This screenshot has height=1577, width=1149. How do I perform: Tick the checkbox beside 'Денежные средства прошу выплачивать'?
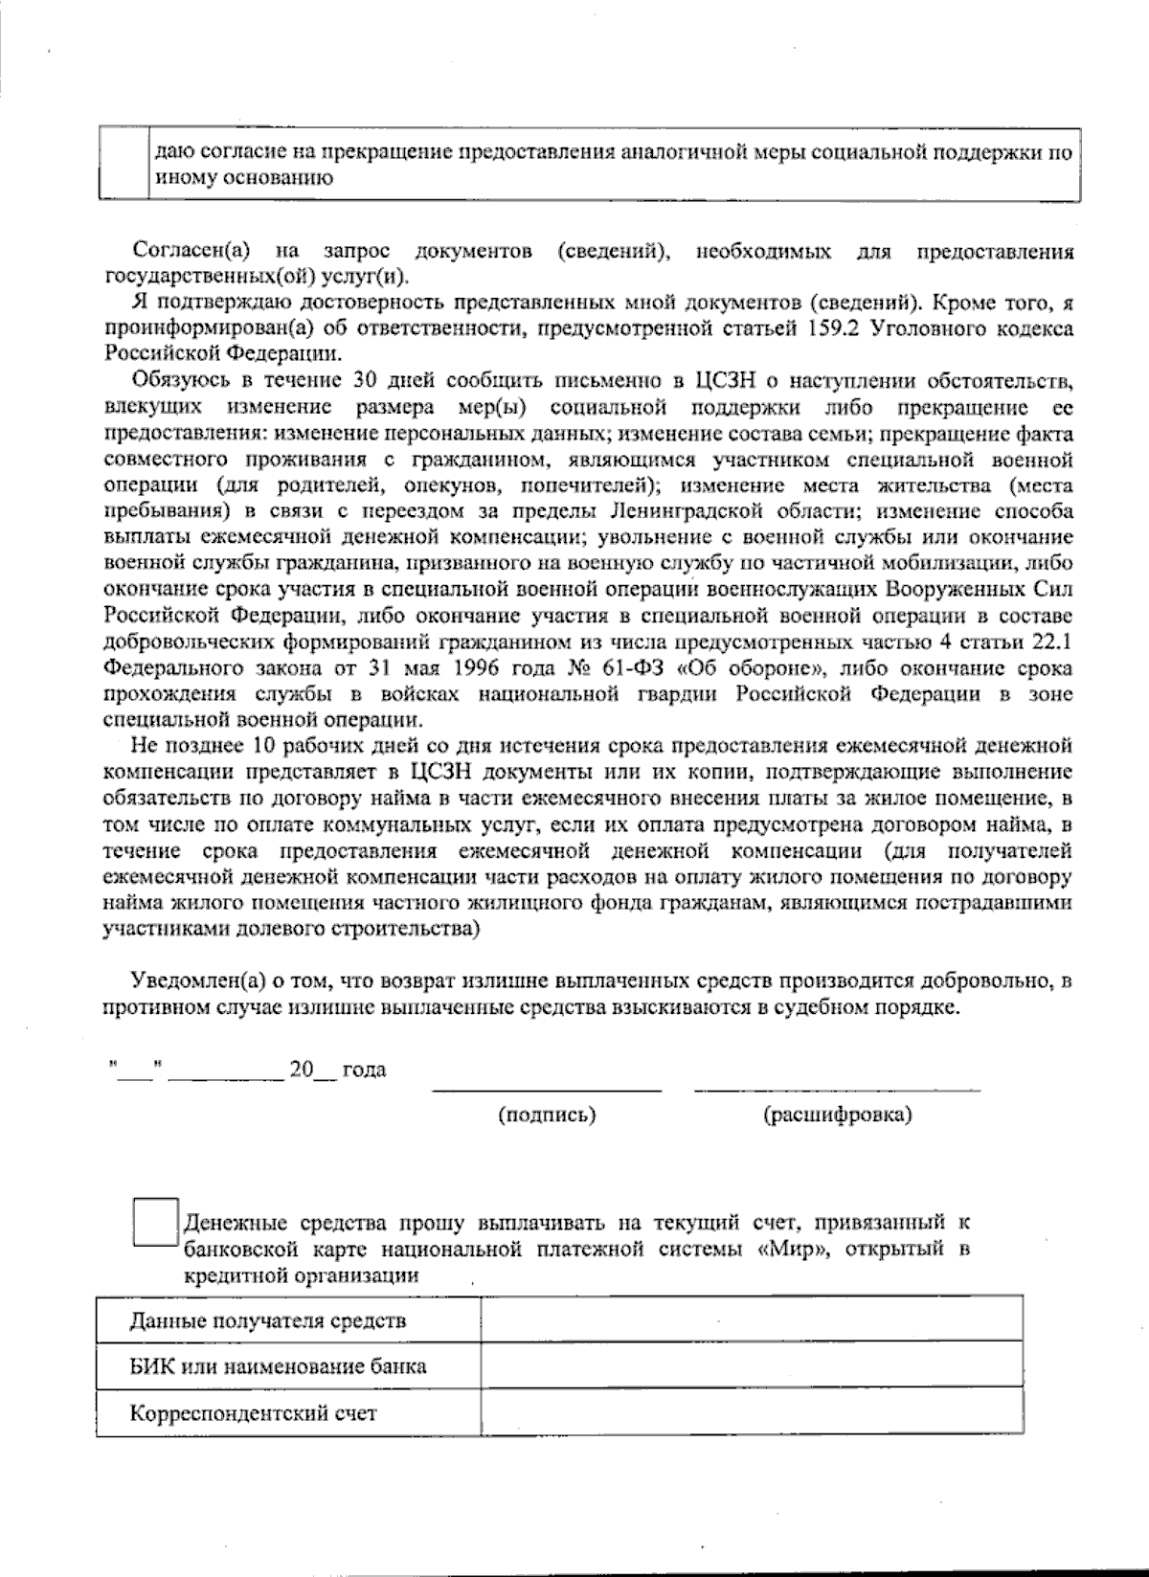pos(156,1222)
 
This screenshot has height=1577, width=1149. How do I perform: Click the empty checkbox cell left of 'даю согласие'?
pos(124,164)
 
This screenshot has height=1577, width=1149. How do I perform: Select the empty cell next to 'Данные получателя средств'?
pos(751,1320)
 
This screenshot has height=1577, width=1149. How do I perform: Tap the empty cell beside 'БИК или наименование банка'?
pos(751,1365)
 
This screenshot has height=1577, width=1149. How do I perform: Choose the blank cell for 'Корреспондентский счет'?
pos(751,1412)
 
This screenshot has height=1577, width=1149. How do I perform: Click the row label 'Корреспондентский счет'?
pos(253,1413)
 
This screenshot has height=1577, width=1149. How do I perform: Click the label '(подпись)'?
pos(548,1115)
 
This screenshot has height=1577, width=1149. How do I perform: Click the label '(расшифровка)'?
pos(837,1115)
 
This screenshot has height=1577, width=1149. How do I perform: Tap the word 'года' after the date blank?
pos(364,1070)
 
